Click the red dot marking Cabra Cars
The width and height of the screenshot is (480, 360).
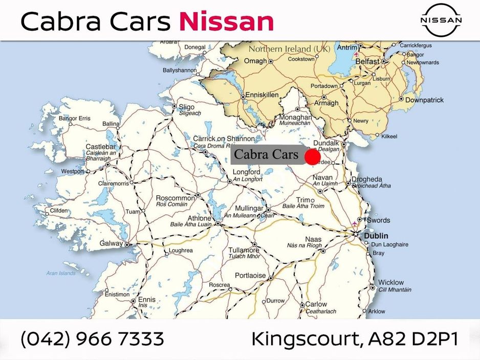pos(312,157)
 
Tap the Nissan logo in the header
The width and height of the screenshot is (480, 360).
pos(441,20)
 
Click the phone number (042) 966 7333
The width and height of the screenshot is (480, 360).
pos(93,339)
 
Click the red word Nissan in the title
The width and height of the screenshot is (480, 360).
pos(226,21)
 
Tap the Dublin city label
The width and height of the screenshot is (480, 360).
pos(376,236)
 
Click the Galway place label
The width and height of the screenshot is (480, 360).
pos(111,243)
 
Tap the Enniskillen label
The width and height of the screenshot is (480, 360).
pos(261,95)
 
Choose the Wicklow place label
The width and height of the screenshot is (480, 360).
pos(391,282)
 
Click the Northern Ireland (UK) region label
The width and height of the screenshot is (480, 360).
pos(289,49)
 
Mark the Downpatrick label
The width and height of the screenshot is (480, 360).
pos(424,100)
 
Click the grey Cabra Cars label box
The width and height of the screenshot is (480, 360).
pos(266,154)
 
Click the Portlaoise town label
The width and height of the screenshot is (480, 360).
pos(250,276)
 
